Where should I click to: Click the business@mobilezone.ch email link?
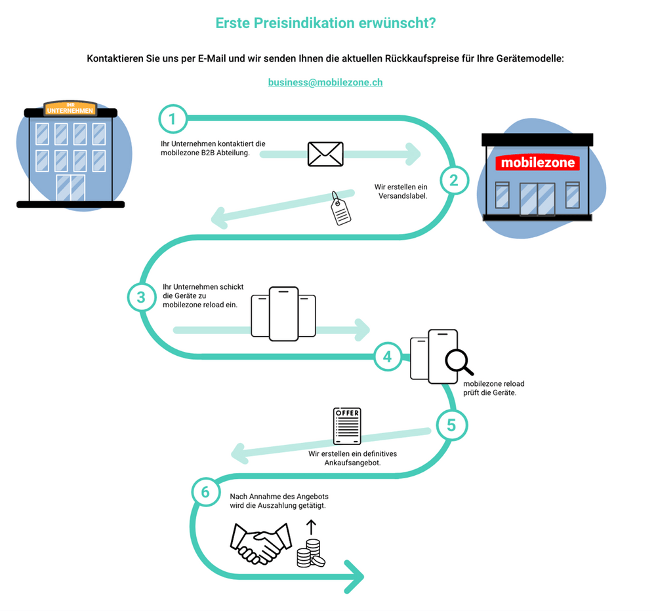coord(325,83)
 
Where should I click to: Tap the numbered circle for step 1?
coord(173,119)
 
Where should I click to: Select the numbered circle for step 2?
coord(454,178)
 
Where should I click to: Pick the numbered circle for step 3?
coord(141,297)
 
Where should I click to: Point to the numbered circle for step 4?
coord(387,356)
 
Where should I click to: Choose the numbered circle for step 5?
coord(451,425)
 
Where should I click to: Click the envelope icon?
coord(325,154)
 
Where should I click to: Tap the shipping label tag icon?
coord(340,209)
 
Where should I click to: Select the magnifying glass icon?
coord(459,362)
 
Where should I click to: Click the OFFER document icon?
coord(347,427)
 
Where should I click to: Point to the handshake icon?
coord(260,543)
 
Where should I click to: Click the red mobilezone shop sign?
coord(537,163)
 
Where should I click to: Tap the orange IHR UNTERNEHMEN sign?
coord(70,109)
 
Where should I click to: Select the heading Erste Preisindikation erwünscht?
coord(325,24)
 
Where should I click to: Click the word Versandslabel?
coord(402,195)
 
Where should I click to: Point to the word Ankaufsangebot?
coord(352,463)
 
